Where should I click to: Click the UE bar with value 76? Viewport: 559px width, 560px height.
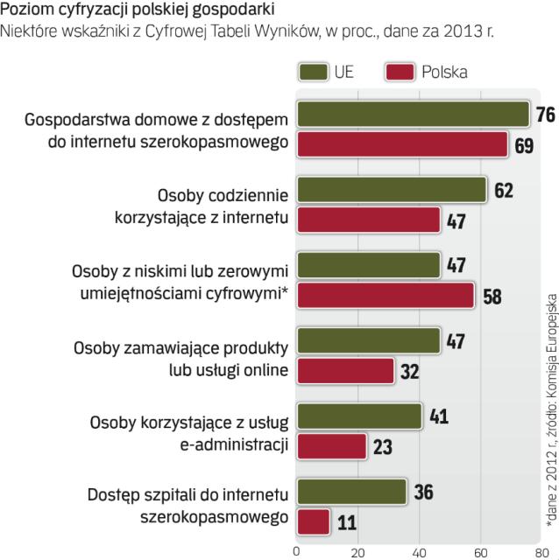[x=413, y=115]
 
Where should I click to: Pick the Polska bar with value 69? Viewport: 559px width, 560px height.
[x=402, y=144]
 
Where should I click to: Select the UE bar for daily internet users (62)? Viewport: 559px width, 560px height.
[x=391, y=190]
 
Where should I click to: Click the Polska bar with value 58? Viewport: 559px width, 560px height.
[x=385, y=295]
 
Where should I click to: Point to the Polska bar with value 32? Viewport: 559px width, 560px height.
[x=345, y=370]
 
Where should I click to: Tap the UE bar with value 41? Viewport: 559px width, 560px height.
[x=359, y=416]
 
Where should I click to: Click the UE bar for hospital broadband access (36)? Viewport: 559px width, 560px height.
[x=351, y=491]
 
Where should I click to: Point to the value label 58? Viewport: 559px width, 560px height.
[x=492, y=296]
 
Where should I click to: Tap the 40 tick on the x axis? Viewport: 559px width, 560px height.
[x=419, y=552]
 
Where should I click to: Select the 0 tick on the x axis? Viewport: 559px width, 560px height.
[x=297, y=552]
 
